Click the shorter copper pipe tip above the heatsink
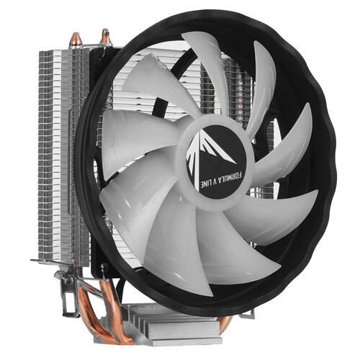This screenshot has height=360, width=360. click(76, 40)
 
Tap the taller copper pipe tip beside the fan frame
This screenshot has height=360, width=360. click(106, 36)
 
